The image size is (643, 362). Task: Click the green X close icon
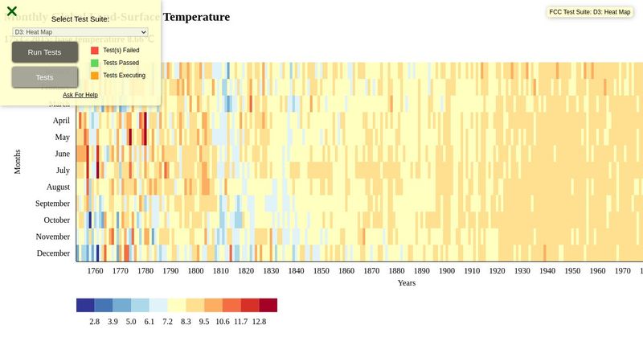(x=12, y=11)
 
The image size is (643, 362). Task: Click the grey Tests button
(x=45, y=77)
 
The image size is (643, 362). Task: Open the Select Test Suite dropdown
(x=80, y=32)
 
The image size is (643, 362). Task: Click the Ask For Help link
(x=80, y=95)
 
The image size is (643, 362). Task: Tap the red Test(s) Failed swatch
(x=95, y=50)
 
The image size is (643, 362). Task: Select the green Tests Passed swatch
(x=95, y=63)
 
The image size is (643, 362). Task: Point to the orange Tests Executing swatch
(x=95, y=76)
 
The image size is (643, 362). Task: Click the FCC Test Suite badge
(x=589, y=12)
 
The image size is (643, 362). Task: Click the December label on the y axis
(x=53, y=253)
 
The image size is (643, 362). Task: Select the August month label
(x=58, y=187)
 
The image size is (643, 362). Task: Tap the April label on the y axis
(x=61, y=121)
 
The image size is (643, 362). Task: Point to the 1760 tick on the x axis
(x=95, y=272)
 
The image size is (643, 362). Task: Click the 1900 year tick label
(x=446, y=272)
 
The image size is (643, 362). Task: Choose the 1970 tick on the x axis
(x=622, y=272)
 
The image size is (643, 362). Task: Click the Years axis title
(x=406, y=283)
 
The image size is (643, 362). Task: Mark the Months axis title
(x=18, y=162)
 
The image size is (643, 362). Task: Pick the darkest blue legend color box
(x=85, y=305)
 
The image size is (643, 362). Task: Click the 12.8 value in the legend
(x=259, y=322)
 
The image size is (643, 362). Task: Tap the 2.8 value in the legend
(x=94, y=322)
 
